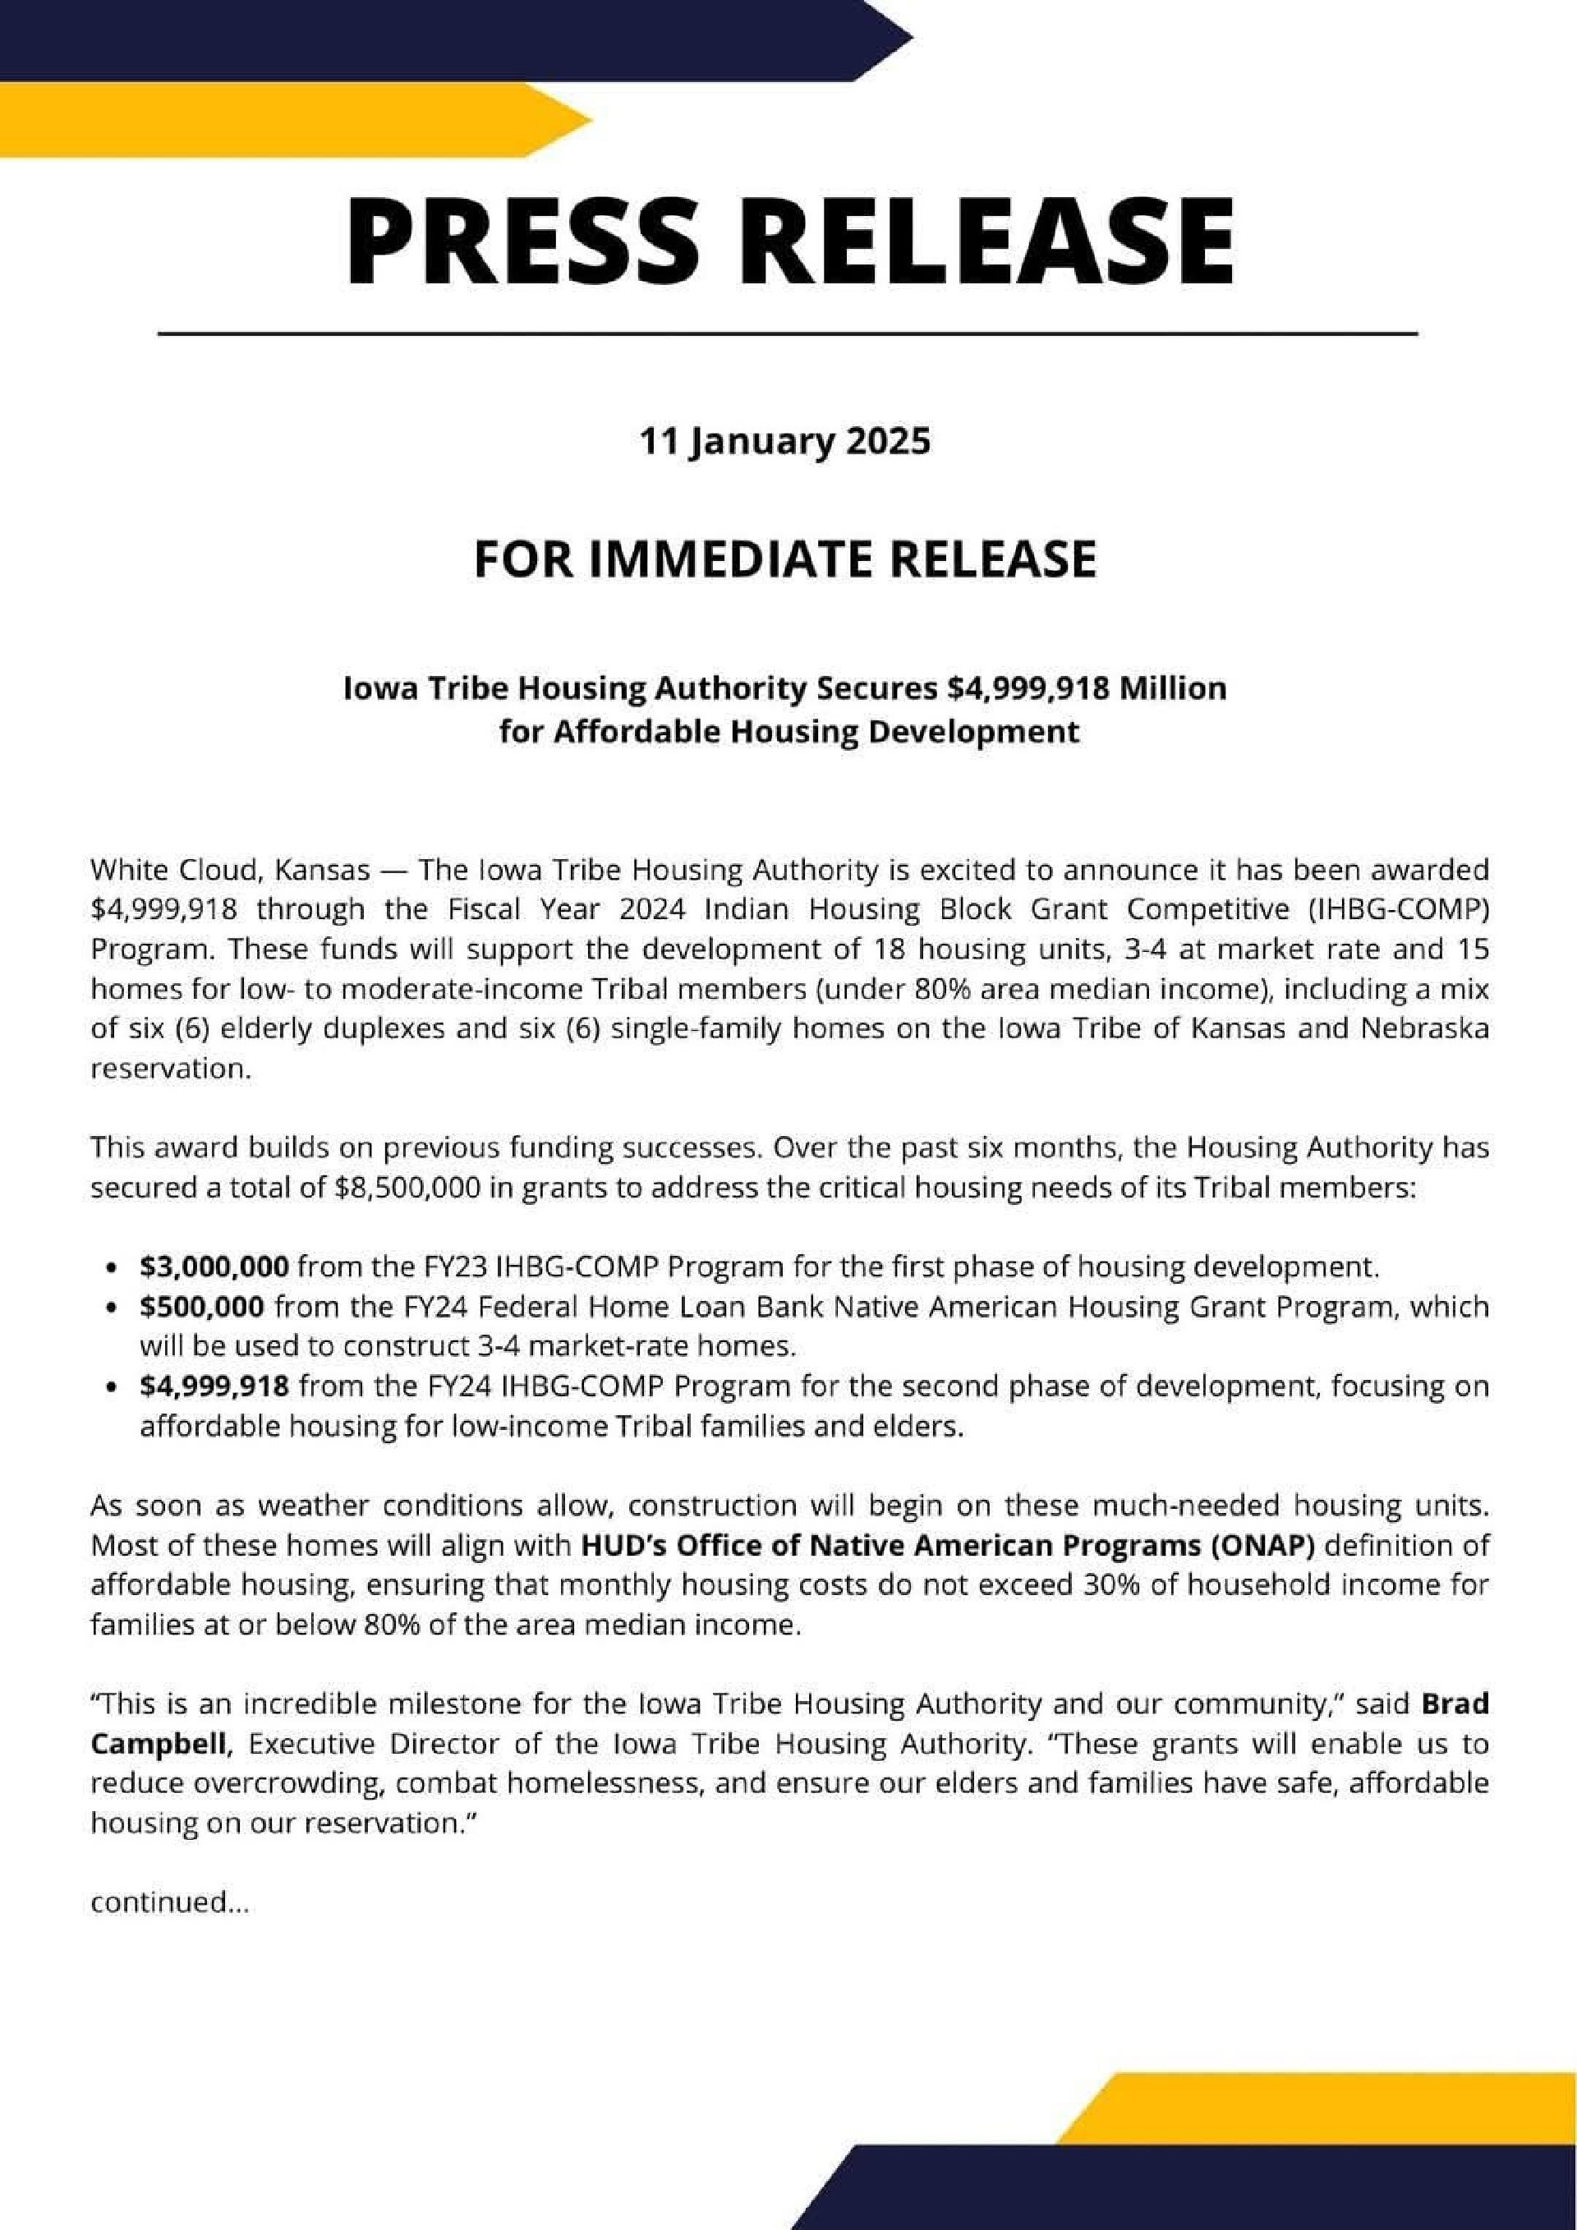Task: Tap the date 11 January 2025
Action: click(784, 442)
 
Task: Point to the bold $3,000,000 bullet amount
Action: click(214, 1267)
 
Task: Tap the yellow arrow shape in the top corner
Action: click(292, 118)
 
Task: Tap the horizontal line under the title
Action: click(787, 333)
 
